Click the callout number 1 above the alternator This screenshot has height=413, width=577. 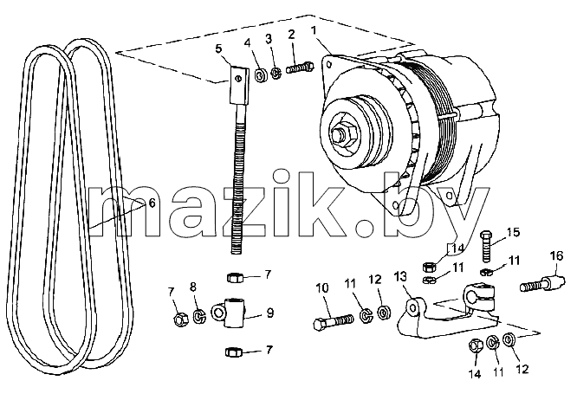[x=314, y=30]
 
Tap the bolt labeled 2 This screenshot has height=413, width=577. [x=300, y=68]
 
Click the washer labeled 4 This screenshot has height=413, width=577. [x=262, y=75]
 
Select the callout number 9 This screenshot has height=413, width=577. [x=270, y=313]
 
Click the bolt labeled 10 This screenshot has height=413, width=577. [x=333, y=320]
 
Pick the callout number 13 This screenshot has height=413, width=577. [x=401, y=276]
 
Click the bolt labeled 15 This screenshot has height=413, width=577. [x=487, y=247]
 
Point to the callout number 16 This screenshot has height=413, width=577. [x=557, y=255]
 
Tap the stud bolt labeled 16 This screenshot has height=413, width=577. [x=542, y=284]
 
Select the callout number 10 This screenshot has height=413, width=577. [x=322, y=287]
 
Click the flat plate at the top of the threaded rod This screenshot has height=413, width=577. [x=240, y=85]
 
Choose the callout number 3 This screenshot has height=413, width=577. [x=269, y=38]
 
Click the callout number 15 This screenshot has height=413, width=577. [x=513, y=232]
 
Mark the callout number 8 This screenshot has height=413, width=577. [x=193, y=287]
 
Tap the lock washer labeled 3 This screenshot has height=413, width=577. [x=276, y=73]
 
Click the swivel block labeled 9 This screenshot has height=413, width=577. [x=229, y=313]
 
